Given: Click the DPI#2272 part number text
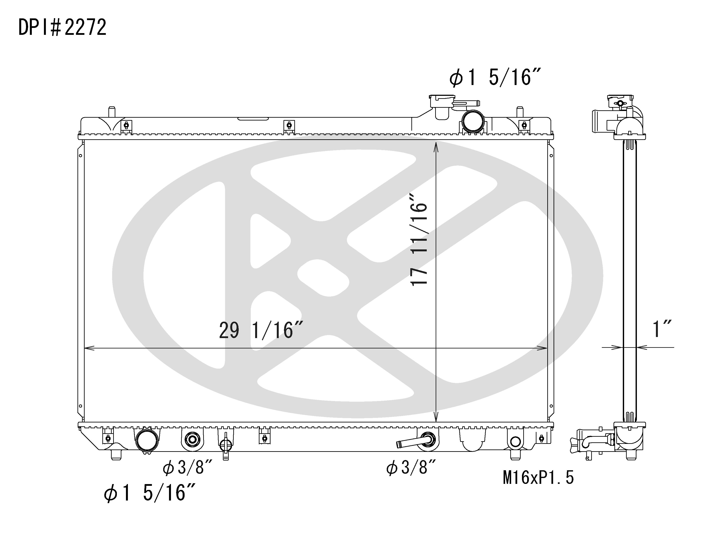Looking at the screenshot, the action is click(62, 27).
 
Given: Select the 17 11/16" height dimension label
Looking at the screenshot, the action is click(419, 239).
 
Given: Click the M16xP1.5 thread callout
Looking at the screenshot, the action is click(538, 478).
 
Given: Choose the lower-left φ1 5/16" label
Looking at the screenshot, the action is click(150, 493).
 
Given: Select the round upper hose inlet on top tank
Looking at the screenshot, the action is click(473, 121).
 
